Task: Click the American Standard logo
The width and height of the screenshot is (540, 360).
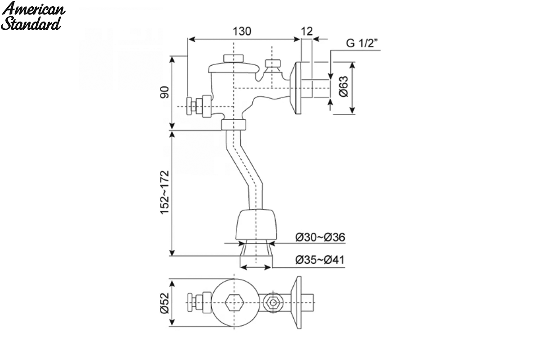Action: point(33,16)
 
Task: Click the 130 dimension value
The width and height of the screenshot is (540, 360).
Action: point(242,31)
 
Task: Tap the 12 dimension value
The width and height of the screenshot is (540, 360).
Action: point(307,31)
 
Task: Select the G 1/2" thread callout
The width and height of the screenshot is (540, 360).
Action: point(362,43)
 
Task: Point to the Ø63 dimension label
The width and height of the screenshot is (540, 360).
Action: point(344,86)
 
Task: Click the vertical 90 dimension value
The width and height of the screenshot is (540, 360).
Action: point(164,92)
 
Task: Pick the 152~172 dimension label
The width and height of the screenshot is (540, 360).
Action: point(164,193)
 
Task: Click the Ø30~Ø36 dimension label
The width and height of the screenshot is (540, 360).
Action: point(320,237)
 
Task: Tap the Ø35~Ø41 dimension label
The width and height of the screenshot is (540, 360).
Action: point(320,260)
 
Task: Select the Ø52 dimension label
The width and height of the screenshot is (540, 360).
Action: point(164,303)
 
